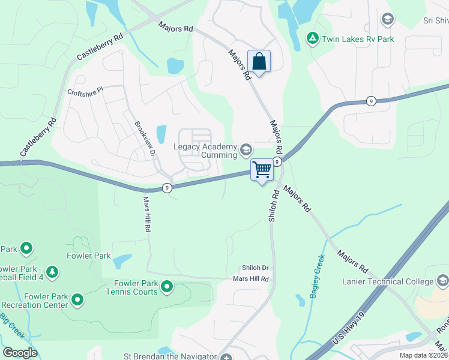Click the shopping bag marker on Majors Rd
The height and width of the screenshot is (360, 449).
pos(259,62)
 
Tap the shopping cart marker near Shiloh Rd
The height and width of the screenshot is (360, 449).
pos(262,170)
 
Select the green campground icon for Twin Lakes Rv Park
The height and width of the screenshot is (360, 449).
pos(312,39)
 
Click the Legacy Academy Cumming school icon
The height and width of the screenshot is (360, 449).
pos(246,149)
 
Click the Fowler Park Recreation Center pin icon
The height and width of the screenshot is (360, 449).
pos(77,298)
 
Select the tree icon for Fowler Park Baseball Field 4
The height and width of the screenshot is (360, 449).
pos(52,272)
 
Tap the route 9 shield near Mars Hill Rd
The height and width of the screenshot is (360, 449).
pos(167,188)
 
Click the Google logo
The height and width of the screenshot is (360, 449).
pos(20,352)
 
